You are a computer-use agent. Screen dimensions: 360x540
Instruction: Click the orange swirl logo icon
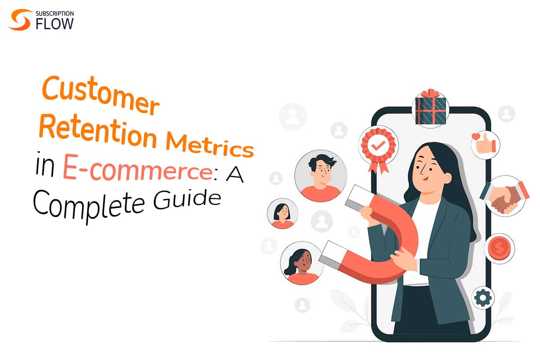(20, 20)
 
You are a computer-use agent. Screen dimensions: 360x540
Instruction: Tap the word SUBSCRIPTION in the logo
(54, 13)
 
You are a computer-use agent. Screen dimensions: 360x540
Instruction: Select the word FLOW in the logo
(54, 24)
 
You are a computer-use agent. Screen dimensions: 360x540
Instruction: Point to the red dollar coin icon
(499, 247)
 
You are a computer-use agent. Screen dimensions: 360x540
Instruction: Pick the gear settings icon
(483, 298)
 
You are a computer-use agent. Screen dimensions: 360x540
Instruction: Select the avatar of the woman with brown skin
(302, 266)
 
